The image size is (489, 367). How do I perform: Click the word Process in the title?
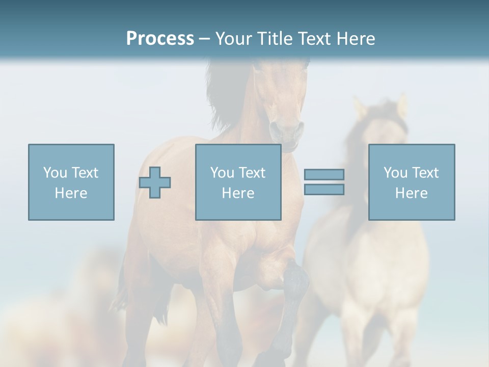point(160,39)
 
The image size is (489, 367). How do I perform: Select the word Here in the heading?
point(353,39)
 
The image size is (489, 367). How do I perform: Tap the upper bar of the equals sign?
point(324,175)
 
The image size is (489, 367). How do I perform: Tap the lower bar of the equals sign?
point(324,190)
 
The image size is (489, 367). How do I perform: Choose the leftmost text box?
point(71,182)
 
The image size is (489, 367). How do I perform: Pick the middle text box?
point(238,182)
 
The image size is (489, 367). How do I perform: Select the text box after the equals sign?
point(412,182)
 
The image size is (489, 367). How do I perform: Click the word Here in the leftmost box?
point(71,193)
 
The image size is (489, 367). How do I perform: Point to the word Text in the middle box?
point(252,173)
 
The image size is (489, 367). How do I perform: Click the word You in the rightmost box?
point(395,173)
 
